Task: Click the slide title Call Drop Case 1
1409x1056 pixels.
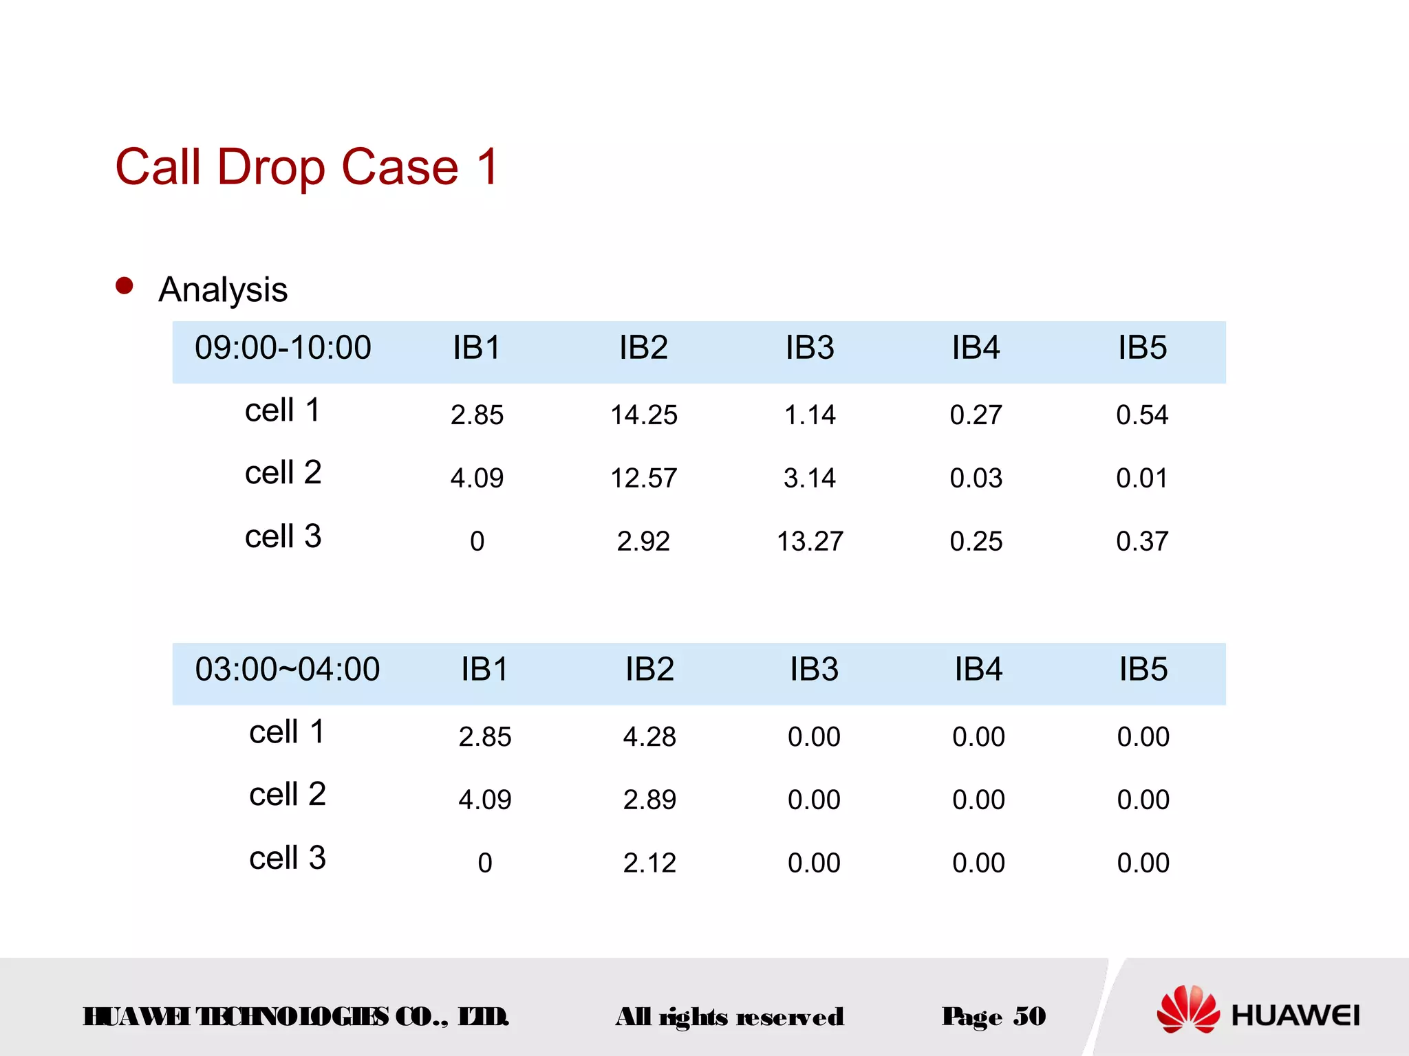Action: pyautogui.click(x=307, y=167)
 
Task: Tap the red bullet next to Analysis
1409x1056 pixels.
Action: pyautogui.click(x=125, y=286)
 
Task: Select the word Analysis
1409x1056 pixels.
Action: pyautogui.click(x=223, y=289)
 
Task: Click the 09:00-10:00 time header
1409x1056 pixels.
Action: pyautogui.click(x=283, y=348)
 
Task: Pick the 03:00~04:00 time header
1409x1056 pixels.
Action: pyautogui.click(x=287, y=670)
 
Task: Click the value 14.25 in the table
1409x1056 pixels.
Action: pyautogui.click(x=644, y=415)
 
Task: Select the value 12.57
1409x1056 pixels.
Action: pyautogui.click(x=644, y=478)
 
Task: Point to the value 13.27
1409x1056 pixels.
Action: pyautogui.click(x=810, y=542)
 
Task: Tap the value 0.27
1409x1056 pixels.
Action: pyautogui.click(x=976, y=415)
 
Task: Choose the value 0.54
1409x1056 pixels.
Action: pyautogui.click(x=1142, y=415)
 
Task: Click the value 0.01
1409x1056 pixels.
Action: pyautogui.click(x=1142, y=478)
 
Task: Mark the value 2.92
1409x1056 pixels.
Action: pyautogui.click(x=643, y=542)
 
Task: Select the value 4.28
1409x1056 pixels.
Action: pyautogui.click(x=649, y=737)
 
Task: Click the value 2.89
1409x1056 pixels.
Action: pyautogui.click(x=649, y=800)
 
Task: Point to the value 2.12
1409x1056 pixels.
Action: pyautogui.click(x=649, y=863)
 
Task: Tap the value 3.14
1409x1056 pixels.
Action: pyautogui.click(x=810, y=478)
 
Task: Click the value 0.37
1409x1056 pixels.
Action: pyautogui.click(x=1142, y=542)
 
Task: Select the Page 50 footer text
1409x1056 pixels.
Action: pyautogui.click(x=993, y=1017)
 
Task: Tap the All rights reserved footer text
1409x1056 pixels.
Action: pyautogui.click(x=729, y=1017)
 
